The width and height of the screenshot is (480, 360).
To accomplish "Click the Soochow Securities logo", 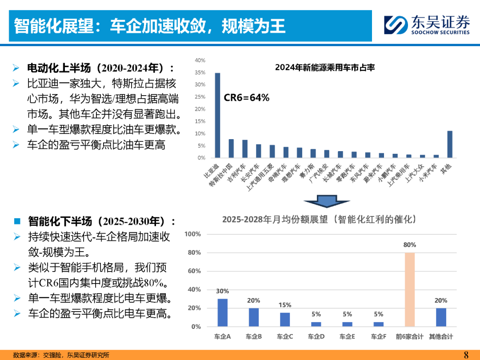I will click(426, 24).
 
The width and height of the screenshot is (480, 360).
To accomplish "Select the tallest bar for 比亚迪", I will click(217, 115).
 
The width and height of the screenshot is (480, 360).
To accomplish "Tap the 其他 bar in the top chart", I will click(449, 144).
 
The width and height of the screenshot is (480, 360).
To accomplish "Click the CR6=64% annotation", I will click(246, 98).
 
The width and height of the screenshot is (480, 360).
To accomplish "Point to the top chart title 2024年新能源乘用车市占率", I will click(325, 68).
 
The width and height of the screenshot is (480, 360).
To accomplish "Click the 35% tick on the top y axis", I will click(200, 72).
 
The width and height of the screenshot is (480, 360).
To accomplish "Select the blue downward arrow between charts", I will click(326, 200).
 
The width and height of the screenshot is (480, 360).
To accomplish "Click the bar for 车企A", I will click(223, 312).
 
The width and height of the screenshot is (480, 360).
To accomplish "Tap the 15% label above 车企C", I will click(285, 305).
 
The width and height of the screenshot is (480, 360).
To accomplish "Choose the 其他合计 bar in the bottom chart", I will click(441, 317).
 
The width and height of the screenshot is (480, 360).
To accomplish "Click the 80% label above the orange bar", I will click(409, 245).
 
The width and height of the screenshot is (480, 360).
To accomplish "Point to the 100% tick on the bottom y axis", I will click(193, 234).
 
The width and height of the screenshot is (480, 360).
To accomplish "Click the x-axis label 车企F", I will click(379, 337).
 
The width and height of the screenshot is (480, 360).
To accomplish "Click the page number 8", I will click(466, 354).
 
